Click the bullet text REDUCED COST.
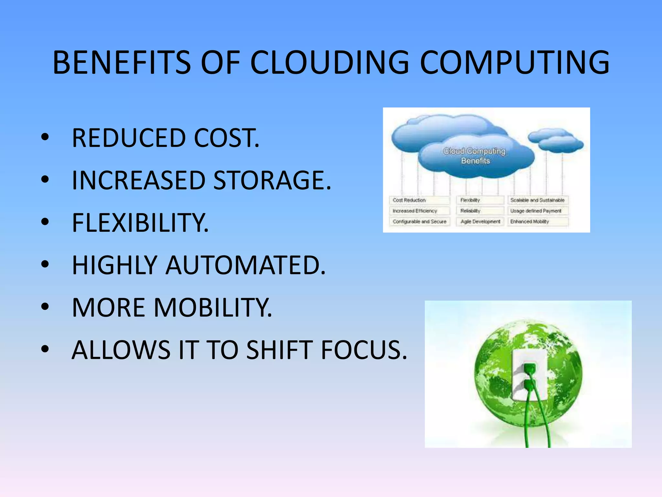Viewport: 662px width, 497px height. click(165, 138)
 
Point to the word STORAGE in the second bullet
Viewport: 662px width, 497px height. click(272, 180)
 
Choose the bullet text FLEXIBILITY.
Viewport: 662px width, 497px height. click(140, 223)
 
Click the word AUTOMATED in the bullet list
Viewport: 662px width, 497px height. click(246, 265)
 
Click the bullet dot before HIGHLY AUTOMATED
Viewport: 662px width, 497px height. click(45, 264)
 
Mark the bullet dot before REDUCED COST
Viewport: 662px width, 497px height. click(45, 137)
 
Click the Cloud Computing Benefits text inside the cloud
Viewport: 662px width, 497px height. click(475, 156)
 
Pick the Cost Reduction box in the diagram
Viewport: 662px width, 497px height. click(419, 200)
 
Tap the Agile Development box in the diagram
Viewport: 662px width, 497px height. click(480, 222)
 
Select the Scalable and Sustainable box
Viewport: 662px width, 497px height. click(537, 200)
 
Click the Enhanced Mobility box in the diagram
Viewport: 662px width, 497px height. click(537, 222)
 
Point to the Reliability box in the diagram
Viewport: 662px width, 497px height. click(480, 211)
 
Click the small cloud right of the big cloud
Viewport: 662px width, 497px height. click(556, 140)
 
